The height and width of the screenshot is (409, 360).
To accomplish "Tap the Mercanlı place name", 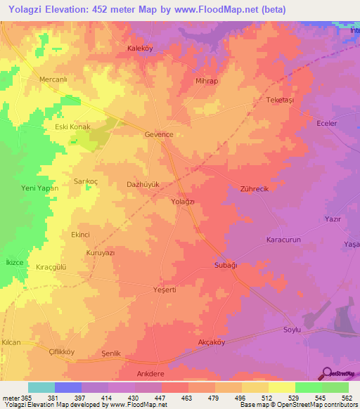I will [x=53, y=79].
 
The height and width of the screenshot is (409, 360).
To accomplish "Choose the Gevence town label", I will [x=158, y=134].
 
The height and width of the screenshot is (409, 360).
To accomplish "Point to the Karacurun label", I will [x=283, y=239].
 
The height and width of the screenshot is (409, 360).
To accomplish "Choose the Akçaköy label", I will [x=212, y=343].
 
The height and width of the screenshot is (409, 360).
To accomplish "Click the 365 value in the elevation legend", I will [x=27, y=398].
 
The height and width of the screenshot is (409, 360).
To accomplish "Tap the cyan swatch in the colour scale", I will [x=41, y=387].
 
